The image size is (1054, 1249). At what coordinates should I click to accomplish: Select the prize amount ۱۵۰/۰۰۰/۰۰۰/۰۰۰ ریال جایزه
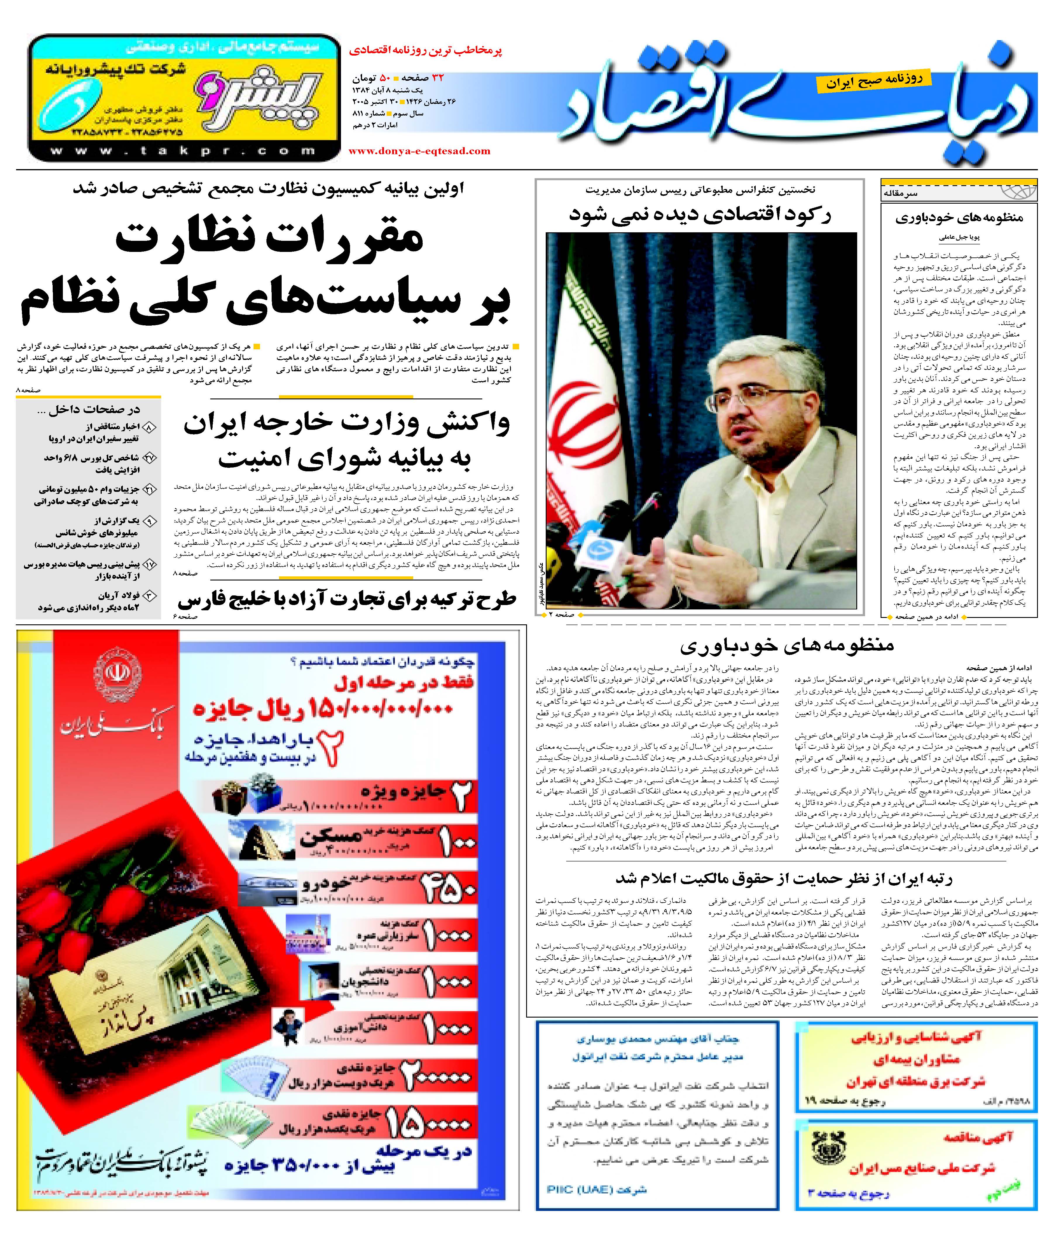(323, 709)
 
